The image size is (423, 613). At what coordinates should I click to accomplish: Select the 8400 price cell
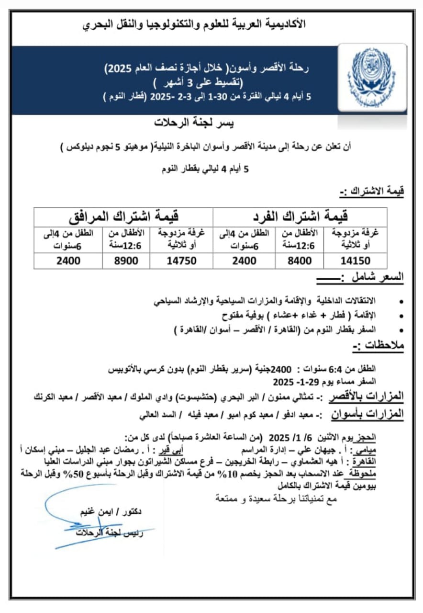300,261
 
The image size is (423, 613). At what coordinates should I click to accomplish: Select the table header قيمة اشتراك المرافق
124,217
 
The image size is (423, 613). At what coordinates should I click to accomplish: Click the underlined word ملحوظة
390,473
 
